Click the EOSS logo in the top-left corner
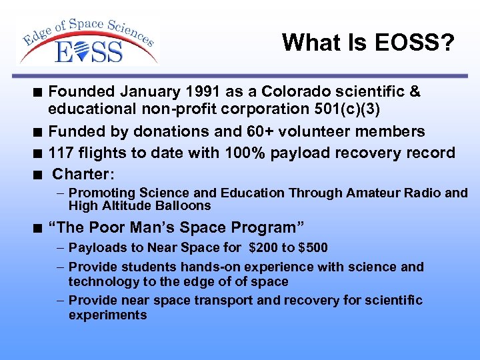[x=89, y=41]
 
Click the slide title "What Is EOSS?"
[x=368, y=43]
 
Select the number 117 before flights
[x=61, y=153]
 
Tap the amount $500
[x=313, y=248]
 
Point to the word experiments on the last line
[x=107, y=315]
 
